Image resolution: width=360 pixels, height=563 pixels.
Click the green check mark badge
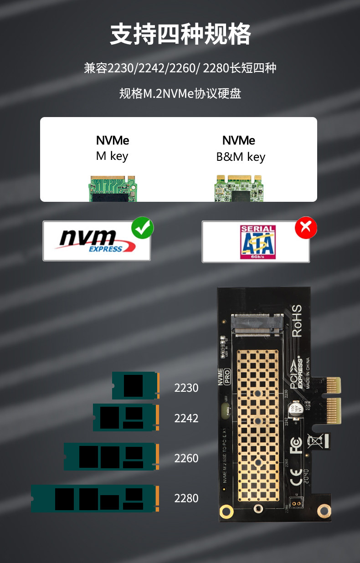[x=143, y=228]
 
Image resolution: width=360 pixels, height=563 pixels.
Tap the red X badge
[x=306, y=228]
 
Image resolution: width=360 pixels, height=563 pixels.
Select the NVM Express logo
[x=96, y=241]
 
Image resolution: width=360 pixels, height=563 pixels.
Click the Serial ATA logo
[x=257, y=242]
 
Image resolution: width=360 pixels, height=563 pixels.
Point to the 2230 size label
[x=186, y=388]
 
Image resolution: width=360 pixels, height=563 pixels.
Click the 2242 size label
[x=186, y=418]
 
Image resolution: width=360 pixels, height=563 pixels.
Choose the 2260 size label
[x=186, y=458]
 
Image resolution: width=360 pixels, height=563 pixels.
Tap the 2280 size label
[x=186, y=498]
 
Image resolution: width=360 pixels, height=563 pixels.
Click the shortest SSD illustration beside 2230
[x=135, y=386]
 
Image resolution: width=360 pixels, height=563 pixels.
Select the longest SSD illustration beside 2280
[x=95, y=499]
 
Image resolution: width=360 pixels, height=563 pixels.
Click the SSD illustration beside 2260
[x=111, y=457]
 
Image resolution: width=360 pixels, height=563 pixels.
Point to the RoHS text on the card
[x=297, y=321]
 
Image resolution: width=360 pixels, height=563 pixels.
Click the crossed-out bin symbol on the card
[x=315, y=441]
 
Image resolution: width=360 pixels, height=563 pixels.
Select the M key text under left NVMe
[x=112, y=156]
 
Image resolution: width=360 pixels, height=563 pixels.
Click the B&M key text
[x=241, y=157]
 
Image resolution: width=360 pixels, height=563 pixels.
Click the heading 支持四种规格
[x=180, y=35]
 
